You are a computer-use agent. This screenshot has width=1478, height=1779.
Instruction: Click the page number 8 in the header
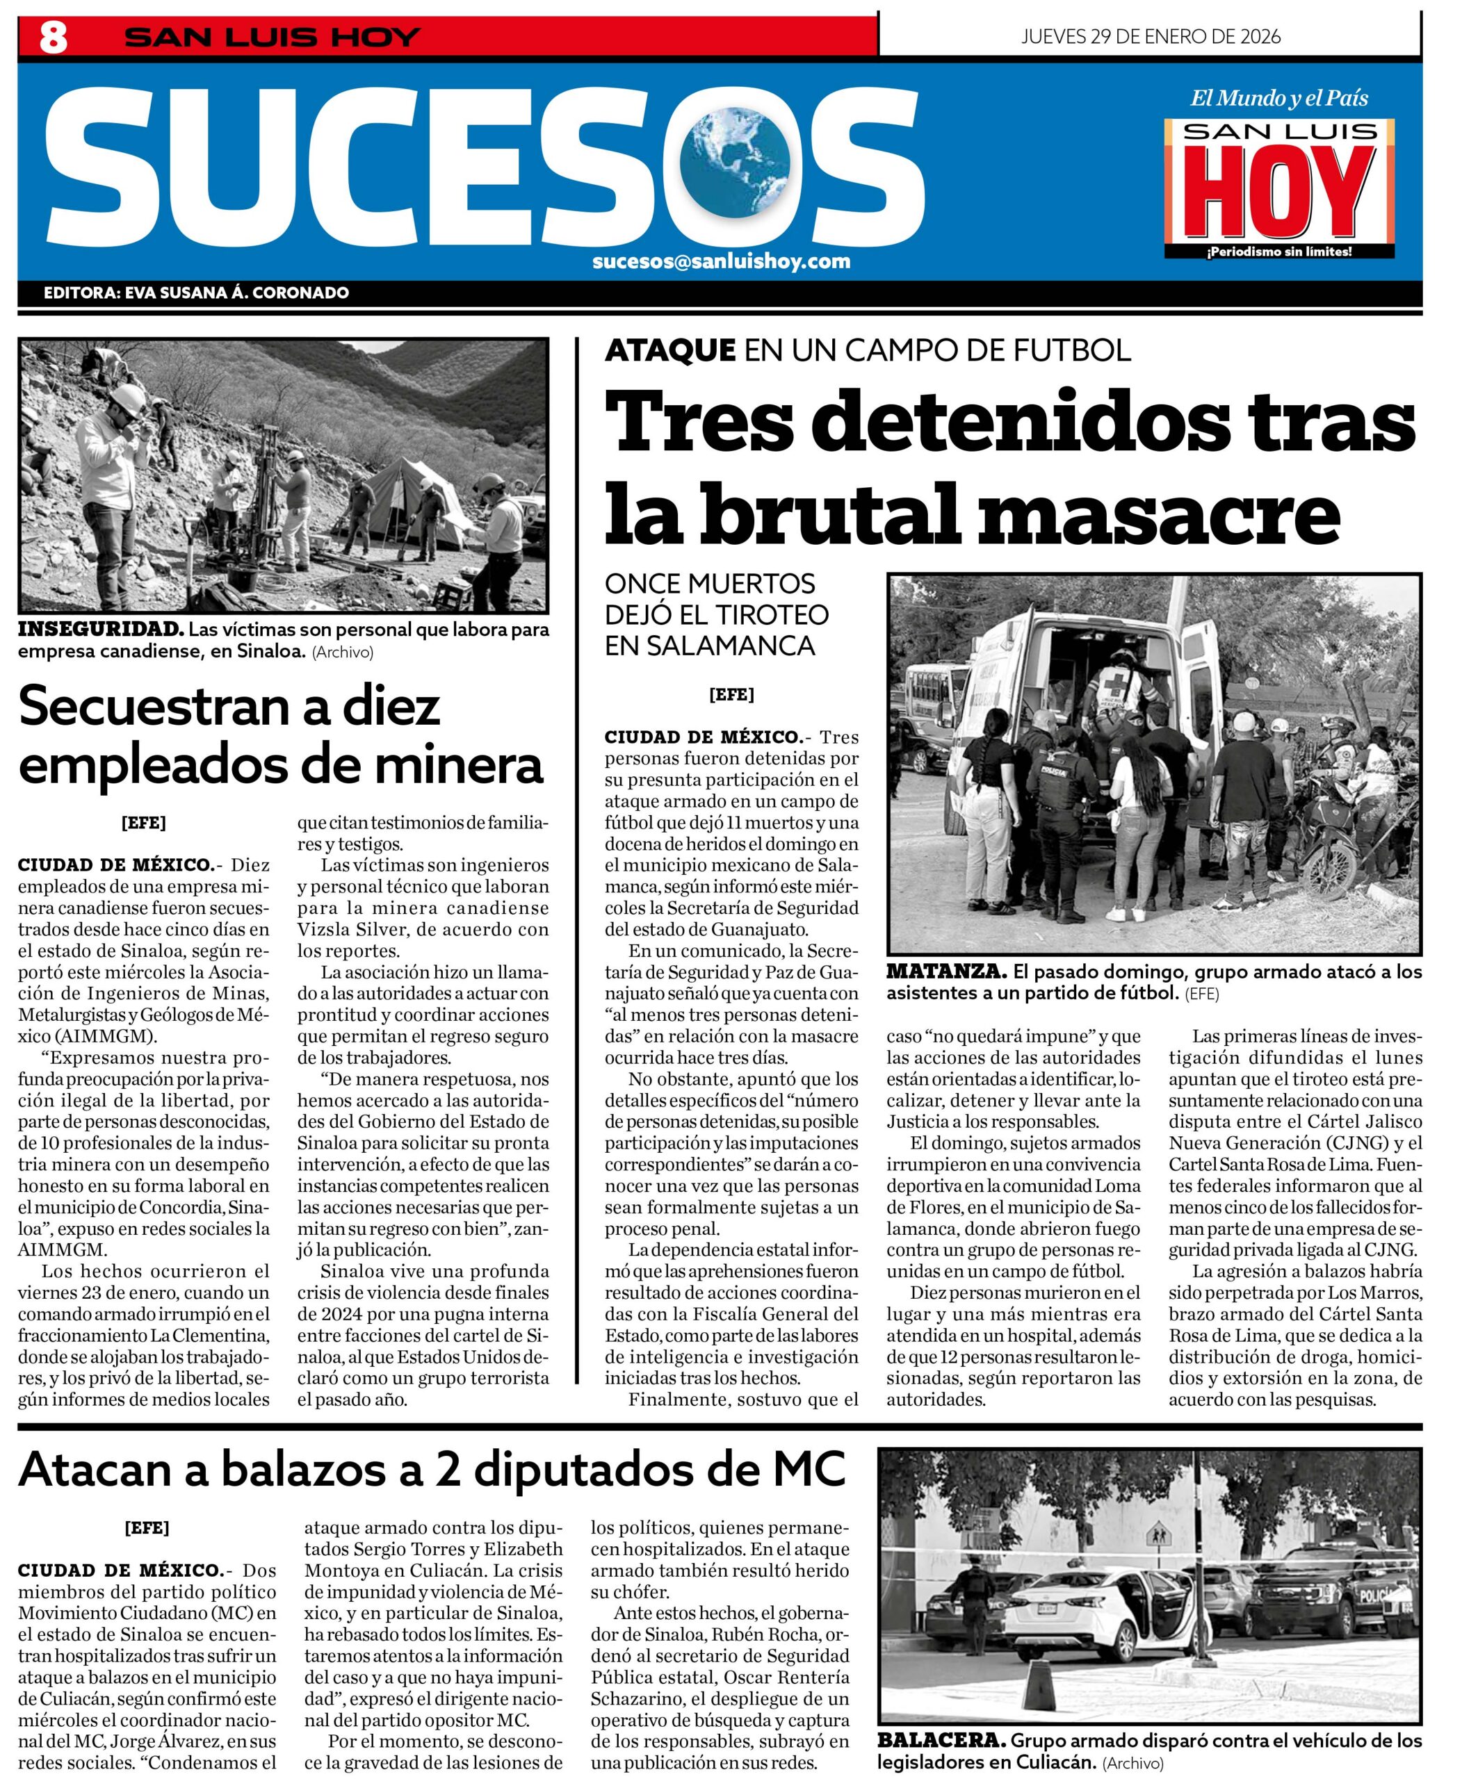tap(53, 38)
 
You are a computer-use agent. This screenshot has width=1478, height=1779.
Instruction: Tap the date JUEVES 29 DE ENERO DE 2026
tap(1150, 36)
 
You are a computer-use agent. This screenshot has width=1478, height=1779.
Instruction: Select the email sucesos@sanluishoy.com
tap(721, 261)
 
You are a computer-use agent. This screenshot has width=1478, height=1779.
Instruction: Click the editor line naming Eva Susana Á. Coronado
tap(196, 293)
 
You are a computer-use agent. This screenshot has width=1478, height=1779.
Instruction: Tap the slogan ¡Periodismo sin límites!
tap(1279, 252)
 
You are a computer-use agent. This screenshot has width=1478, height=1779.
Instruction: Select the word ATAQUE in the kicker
tap(670, 350)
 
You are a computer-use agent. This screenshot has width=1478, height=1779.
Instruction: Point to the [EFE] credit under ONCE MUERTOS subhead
tap(731, 695)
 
